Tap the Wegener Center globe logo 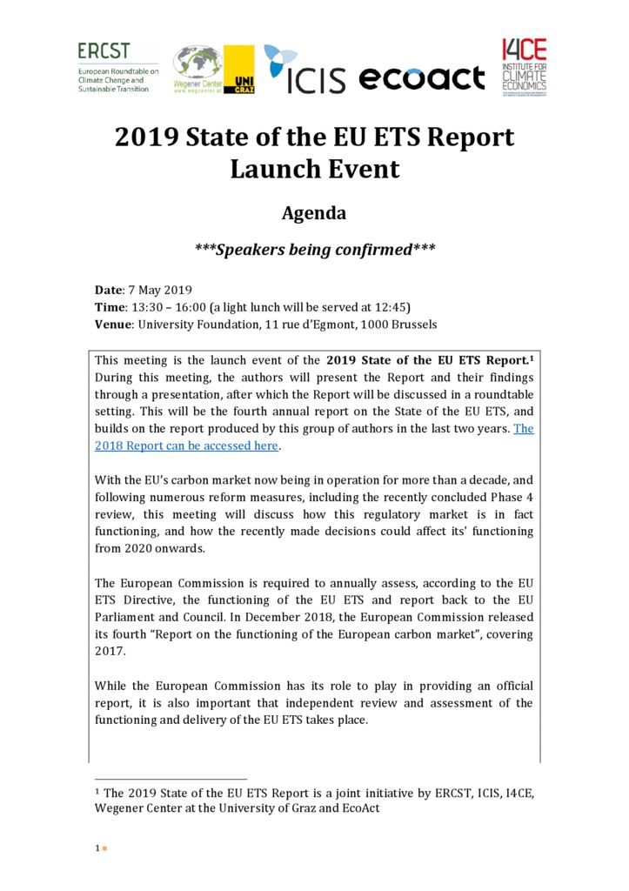pyautogui.click(x=197, y=69)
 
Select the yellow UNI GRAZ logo pyautogui.click(x=239, y=70)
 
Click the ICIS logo pyautogui.click(x=304, y=70)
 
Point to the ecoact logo pyautogui.click(x=421, y=78)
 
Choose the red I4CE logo pyautogui.click(x=524, y=67)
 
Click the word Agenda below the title pyautogui.click(x=314, y=213)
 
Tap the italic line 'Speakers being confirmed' pyautogui.click(x=314, y=250)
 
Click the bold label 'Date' pyautogui.click(x=109, y=290)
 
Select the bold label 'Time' pyautogui.click(x=110, y=307)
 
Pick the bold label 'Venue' pyautogui.click(x=113, y=325)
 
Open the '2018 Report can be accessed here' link pyautogui.click(x=187, y=445)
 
